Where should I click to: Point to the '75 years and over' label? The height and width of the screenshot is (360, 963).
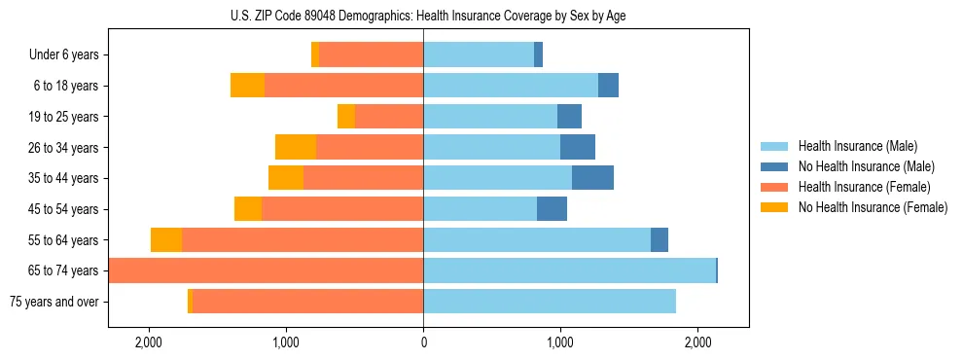[x=53, y=302]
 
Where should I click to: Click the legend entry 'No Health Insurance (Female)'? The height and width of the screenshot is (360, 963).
[x=873, y=207]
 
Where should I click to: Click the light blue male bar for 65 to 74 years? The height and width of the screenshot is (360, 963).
[x=569, y=270]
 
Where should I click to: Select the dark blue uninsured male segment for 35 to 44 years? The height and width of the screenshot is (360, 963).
[x=592, y=178]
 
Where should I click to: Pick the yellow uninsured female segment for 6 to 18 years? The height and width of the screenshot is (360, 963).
[x=247, y=86]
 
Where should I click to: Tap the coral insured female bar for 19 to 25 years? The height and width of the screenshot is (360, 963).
[x=389, y=117]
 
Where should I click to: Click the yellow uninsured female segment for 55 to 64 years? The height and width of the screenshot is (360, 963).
[x=166, y=240]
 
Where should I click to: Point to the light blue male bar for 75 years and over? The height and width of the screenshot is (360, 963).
[x=550, y=302]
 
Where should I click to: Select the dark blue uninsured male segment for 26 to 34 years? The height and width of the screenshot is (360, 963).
[x=578, y=148]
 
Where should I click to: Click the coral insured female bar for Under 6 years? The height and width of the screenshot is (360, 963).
[x=371, y=55]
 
